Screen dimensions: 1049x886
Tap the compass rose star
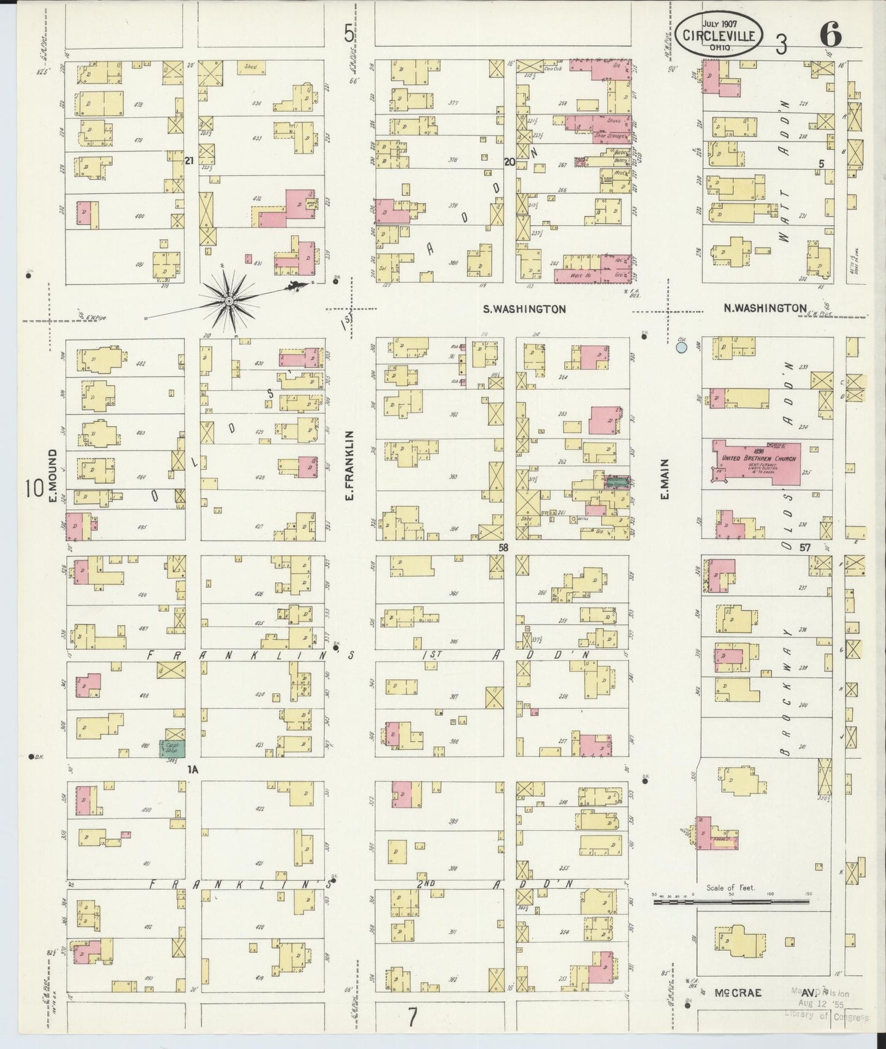[x=228, y=301]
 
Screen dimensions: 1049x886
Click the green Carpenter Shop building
[x=172, y=749]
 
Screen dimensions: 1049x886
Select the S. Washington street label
[x=524, y=310]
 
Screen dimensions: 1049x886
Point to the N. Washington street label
[x=765, y=308]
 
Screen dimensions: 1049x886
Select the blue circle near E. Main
[x=681, y=348]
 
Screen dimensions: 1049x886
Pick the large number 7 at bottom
[x=413, y=1019]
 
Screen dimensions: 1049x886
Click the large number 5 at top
[x=349, y=34]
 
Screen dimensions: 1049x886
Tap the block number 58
[x=504, y=547]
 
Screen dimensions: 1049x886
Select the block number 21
[x=189, y=160]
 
